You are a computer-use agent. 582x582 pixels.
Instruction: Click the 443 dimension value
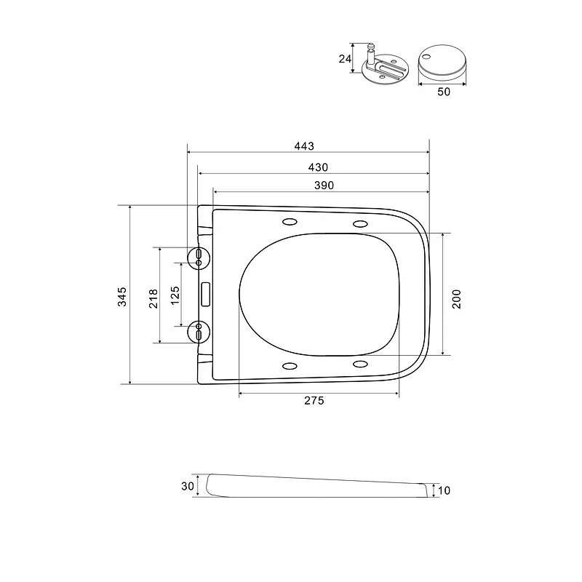click(x=304, y=146)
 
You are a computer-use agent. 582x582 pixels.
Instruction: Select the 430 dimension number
click(x=318, y=167)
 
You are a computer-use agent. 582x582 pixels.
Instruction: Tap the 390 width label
click(x=324, y=186)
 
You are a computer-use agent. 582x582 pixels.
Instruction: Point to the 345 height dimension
click(x=122, y=297)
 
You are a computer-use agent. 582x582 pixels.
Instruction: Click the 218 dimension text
click(x=154, y=299)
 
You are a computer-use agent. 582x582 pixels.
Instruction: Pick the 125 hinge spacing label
click(x=175, y=295)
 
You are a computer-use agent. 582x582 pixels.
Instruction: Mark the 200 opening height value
click(x=456, y=299)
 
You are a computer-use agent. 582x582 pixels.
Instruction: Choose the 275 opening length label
click(x=314, y=401)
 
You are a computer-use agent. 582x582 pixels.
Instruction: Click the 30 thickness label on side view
click(x=188, y=486)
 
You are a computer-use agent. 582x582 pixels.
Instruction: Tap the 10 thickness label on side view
click(x=444, y=490)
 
